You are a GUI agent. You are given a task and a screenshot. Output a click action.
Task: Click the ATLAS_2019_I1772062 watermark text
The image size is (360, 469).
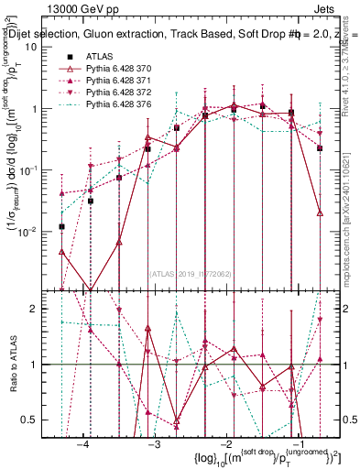click(x=191, y=273)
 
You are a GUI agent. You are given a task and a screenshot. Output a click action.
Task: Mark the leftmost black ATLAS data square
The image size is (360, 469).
click(x=61, y=226)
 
